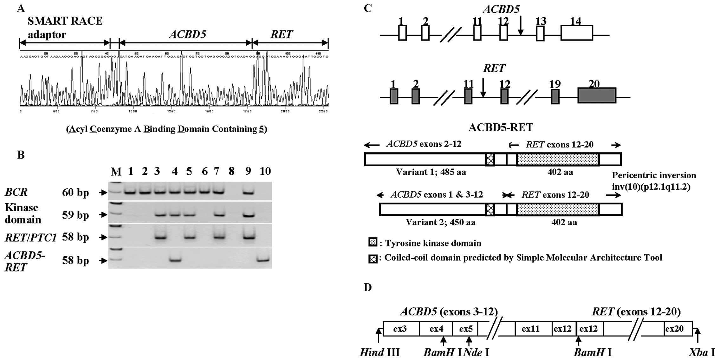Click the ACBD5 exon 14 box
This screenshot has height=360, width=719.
[x=576, y=33]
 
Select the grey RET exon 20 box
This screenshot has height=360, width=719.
[x=597, y=95]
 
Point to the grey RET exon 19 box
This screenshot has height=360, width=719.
[x=555, y=97]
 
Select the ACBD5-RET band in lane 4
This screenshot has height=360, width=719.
[x=175, y=260]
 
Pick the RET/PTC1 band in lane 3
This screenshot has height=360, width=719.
[x=160, y=237]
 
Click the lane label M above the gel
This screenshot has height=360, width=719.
[x=116, y=172]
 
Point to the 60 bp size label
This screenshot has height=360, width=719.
[x=75, y=193]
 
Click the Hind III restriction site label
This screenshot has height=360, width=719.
[x=379, y=352]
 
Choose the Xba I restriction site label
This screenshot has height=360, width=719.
[x=702, y=352]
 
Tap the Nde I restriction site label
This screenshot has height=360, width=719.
[x=476, y=352]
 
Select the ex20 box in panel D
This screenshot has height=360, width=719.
[x=674, y=329]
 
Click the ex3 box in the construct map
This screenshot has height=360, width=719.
[x=400, y=329]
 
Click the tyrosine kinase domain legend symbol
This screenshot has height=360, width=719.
[x=373, y=243]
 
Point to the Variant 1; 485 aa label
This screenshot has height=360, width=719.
[x=431, y=172]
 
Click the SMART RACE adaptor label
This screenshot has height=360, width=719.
[x=65, y=28]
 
